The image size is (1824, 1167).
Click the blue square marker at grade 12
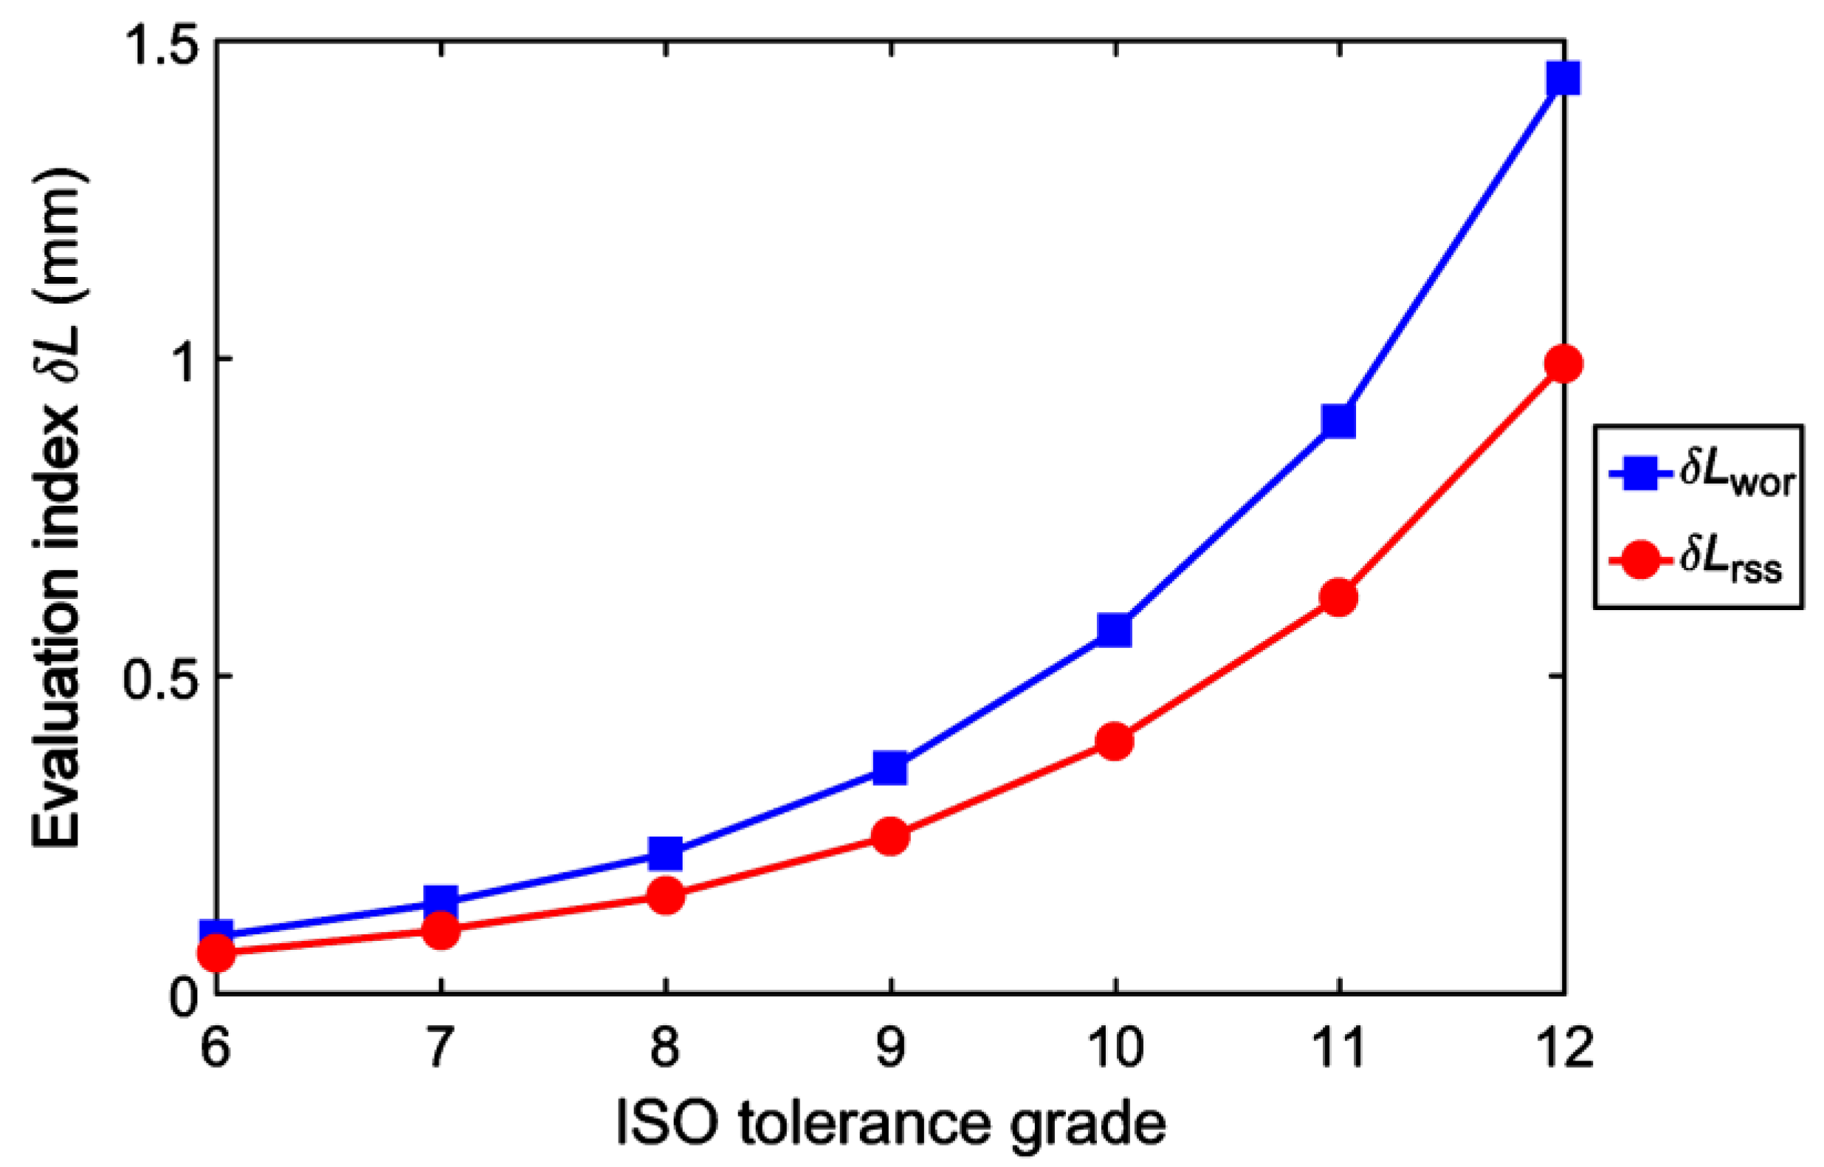[1563, 78]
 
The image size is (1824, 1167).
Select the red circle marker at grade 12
[1563, 363]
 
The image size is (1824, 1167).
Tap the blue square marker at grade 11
[1338, 420]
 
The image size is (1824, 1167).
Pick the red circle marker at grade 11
[1338, 598]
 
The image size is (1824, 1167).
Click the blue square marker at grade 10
[1114, 630]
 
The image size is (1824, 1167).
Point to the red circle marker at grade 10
[1114, 740]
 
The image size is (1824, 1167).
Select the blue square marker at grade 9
[890, 768]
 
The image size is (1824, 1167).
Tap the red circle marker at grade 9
[890, 836]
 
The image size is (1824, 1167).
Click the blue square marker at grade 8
[665, 854]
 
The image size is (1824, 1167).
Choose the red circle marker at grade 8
[665, 896]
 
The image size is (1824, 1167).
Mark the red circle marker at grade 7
[441, 930]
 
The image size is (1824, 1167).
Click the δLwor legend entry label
[1737, 476]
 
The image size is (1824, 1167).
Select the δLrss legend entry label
[1732, 561]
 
